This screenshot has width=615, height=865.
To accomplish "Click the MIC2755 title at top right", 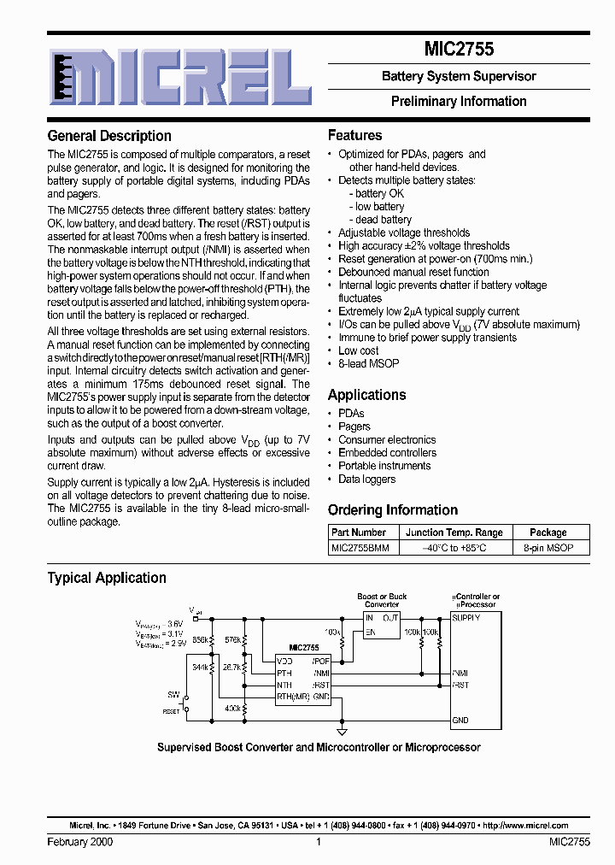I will click(x=459, y=50).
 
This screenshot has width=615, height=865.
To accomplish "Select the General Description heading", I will click(x=109, y=136).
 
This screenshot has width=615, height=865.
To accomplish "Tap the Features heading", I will click(x=355, y=135).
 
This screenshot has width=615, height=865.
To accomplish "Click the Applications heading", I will click(x=367, y=395).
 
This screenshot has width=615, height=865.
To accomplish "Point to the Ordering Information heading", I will click(x=393, y=510).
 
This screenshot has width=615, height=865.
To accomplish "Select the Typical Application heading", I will click(x=107, y=578).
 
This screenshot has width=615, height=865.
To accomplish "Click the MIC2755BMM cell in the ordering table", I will click(x=360, y=548).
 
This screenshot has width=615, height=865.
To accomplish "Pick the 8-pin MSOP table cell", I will click(x=548, y=548).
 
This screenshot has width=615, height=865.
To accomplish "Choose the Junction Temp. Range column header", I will click(x=454, y=533).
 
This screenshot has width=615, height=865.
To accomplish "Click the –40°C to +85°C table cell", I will click(x=454, y=548).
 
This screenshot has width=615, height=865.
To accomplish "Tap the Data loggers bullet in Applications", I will click(x=366, y=480).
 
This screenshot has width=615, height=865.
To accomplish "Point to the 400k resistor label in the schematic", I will click(x=231, y=709).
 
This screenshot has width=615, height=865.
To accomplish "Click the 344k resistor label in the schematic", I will click(x=199, y=667).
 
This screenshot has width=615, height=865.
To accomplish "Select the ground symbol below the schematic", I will click(x=343, y=732).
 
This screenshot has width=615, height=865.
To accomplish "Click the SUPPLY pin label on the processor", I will click(x=466, y=617).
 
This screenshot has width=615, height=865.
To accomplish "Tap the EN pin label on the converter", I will click(x=370, y=633).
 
